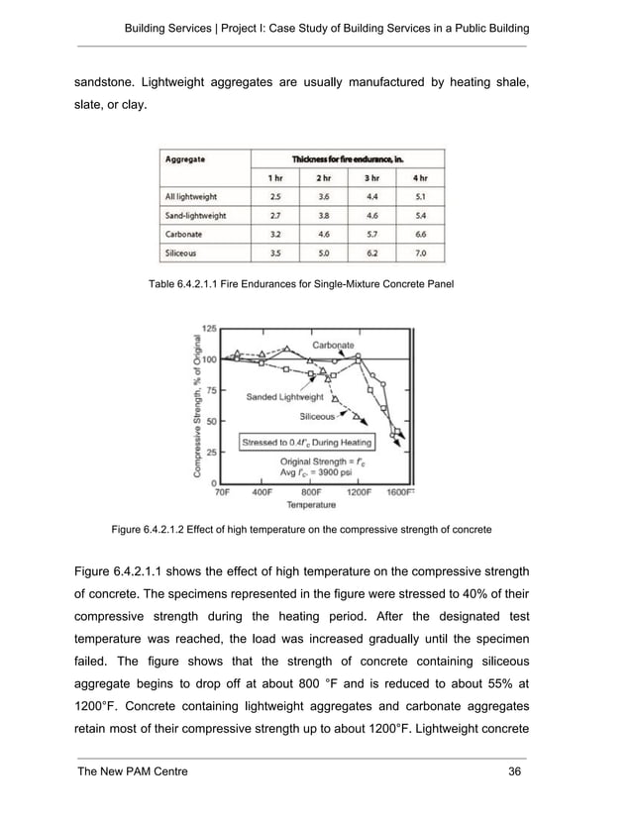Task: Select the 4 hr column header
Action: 420,177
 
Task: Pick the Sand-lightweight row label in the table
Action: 195,215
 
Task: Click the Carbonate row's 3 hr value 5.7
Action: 371,235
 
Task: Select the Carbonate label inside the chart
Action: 334,344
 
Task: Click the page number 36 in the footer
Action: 513,771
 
